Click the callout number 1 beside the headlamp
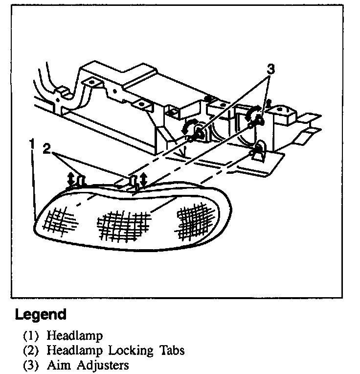click(32, 144)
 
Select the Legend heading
click(41, 314)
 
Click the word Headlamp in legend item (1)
click(75, 336)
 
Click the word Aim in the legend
click(56, 365)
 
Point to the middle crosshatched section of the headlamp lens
click(124, 225)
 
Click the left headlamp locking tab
click(82, 182)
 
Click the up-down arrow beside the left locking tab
click(71, 179)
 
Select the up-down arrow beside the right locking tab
click(143, 180)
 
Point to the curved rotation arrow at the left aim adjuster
click(188, 128)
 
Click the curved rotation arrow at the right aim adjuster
click(253, 113)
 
